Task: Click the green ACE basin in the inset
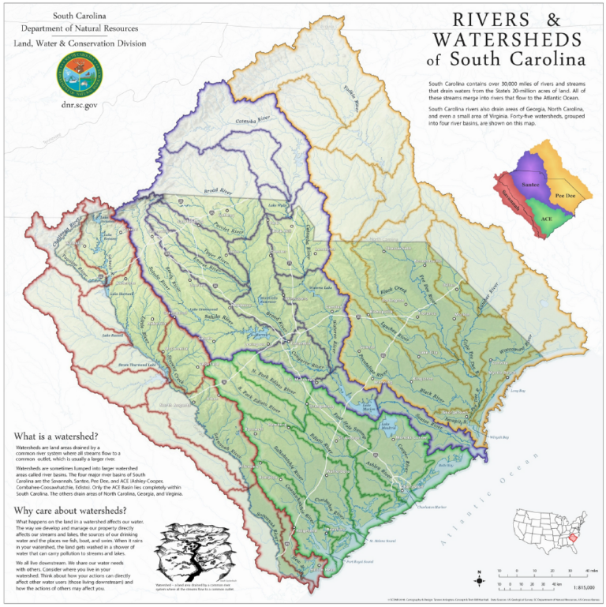(545, 216)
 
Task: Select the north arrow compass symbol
(478, 575)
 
